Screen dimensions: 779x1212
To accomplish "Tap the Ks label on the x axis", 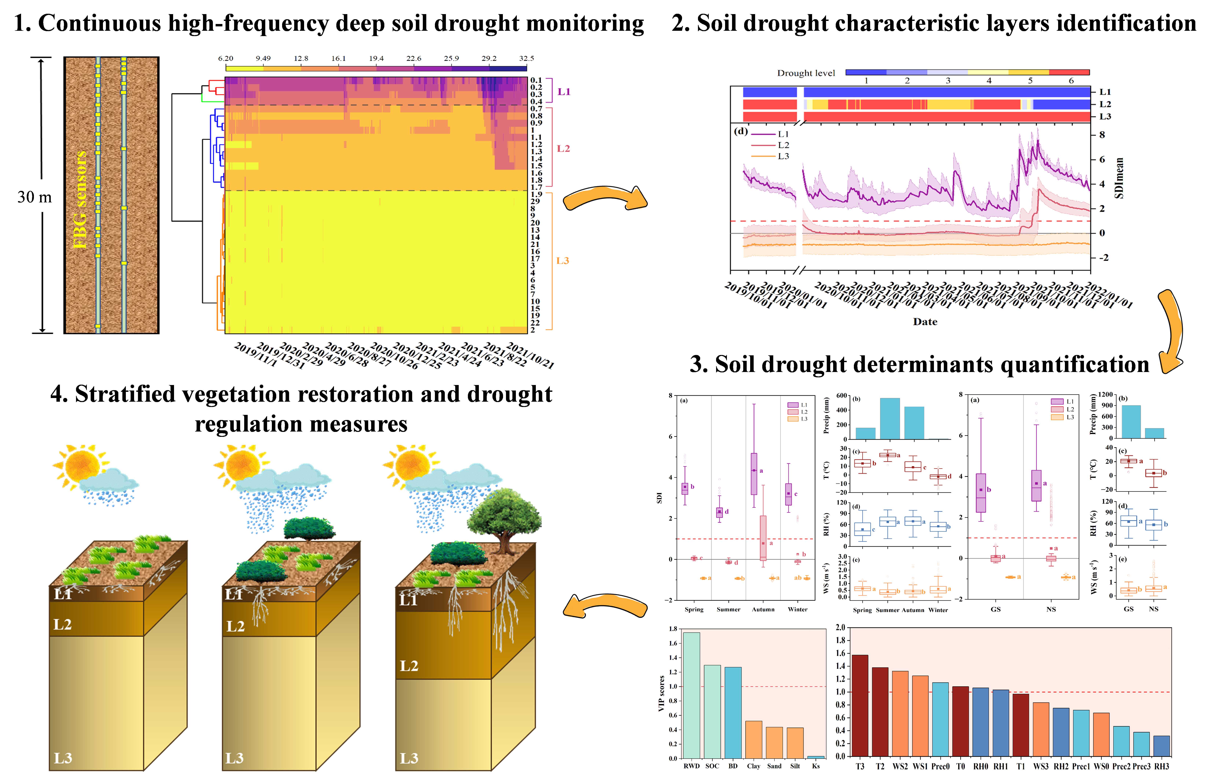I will click(x=815, y=766).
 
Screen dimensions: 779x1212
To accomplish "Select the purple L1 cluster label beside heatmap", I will click(x=563, y=92).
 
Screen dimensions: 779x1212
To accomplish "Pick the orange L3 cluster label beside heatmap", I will click(x=563, y=260).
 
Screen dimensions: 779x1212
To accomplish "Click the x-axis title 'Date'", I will click(x=925, y=322).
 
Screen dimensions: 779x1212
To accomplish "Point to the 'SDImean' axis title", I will click(x=1119, y=178).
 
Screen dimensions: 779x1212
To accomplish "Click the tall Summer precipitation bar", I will click(x=890, y=418).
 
